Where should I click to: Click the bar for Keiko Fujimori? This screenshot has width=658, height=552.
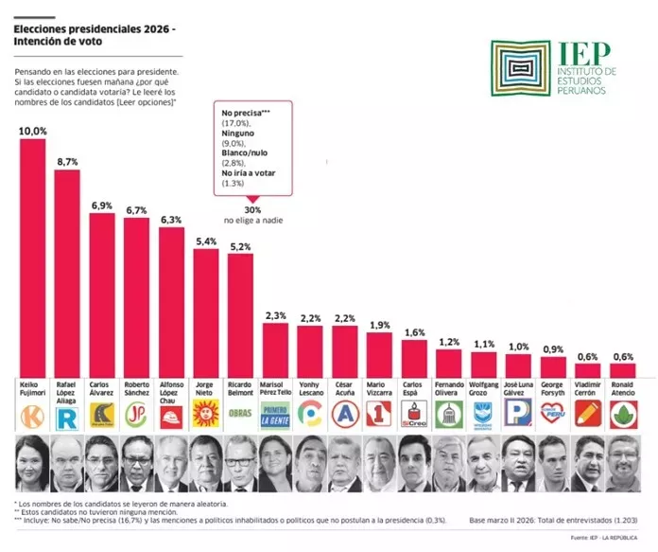pyautogui.click(x=33, y=260)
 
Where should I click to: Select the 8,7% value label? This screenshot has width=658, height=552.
pyautogui.click(x=67, y=163)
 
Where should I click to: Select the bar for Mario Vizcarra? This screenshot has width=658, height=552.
pyautogui.click(x=379, y=356)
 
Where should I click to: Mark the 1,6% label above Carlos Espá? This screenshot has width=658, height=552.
pyautogui.click(x=414, y=332)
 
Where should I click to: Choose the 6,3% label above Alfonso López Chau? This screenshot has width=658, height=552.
pyautogui.click(x=171, y=220)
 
